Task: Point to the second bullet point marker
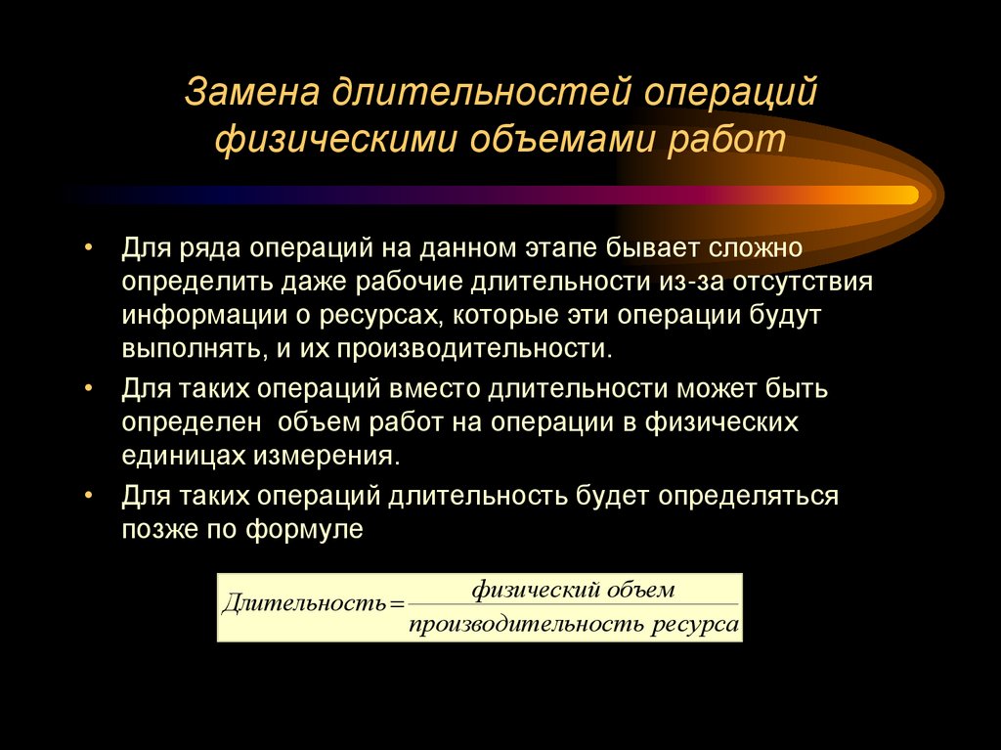(89, 387)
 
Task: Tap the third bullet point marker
(89, 494)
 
